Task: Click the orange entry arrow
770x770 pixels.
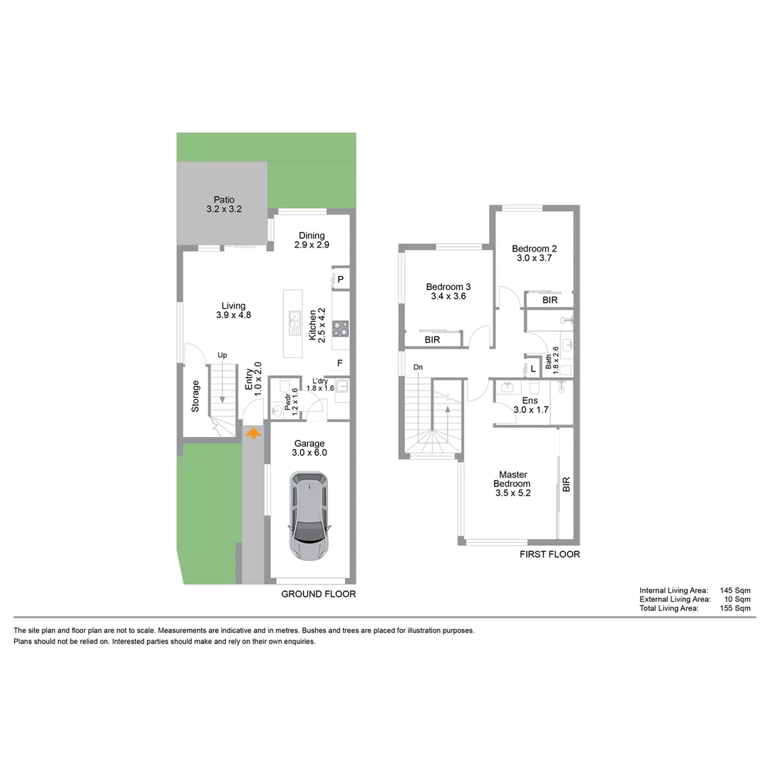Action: tap(253, 432)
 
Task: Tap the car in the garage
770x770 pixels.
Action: tap(310, 515)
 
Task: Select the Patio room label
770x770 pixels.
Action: tap(224, 205)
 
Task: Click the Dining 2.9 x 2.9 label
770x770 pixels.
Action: tap(312, 240)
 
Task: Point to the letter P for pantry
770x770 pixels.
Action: tap(341, 279)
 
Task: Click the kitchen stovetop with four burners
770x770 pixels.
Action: tap(341, 328)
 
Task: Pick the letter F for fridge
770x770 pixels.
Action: tap(340, 364)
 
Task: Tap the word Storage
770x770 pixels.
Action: tap(195, 396)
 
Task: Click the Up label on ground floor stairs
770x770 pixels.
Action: tap(222, 355)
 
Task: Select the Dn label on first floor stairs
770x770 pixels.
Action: tap(418, 368)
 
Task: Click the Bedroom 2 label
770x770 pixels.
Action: tap(534, 253)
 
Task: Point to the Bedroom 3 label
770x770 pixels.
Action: tap(448, 291)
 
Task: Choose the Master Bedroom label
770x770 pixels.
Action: tap(513, 483)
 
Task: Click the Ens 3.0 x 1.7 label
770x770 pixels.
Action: tap(530, 405)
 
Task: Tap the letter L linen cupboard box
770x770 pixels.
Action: tap(533, 369)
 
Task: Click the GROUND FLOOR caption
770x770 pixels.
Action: tap(318, 594)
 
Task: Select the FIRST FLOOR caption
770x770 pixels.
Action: tap(549, 554)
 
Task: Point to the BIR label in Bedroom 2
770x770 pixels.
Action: tap(550, 300)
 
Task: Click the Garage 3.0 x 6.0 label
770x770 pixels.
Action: tap(309, 448)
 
